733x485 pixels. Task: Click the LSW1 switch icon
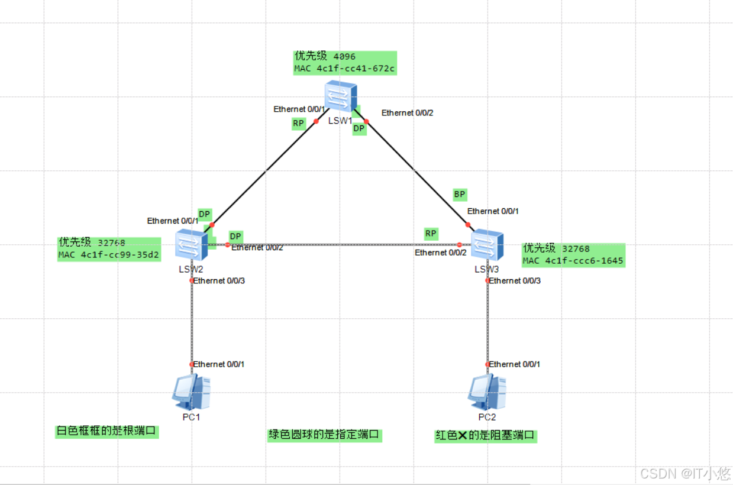[341, 96]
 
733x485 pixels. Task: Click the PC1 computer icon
[191, 392]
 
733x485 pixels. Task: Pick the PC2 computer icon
[487, 392]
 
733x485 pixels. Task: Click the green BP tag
[460, 195]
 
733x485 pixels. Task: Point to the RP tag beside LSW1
[298, 124]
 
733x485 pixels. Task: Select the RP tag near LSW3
[431, 234]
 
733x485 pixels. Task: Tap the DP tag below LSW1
[359, 128]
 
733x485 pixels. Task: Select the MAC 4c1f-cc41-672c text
[344, 69]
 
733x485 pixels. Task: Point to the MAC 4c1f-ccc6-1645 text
[573, 260]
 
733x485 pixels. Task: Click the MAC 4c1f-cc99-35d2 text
[109, 256]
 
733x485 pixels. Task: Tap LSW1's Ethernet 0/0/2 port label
[407, 112]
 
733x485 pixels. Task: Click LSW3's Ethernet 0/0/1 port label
[493, 211]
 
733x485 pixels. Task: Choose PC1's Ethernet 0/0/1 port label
[218, 364]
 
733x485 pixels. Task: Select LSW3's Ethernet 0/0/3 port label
[515, 280]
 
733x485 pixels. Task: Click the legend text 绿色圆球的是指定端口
[324, 435]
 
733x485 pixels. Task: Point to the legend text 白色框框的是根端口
[107, 431]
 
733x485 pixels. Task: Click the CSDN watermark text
[685, 473]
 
